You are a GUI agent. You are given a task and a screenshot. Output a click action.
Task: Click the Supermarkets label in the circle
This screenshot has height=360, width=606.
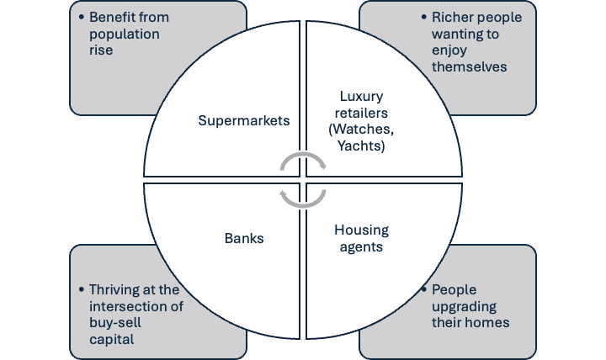(244, 120)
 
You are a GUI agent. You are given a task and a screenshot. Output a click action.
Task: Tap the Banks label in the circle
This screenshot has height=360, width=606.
(244, 238)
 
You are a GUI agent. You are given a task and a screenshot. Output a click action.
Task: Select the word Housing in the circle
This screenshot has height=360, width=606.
(361, 230)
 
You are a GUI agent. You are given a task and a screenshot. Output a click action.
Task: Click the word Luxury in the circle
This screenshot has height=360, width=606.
(361, 96)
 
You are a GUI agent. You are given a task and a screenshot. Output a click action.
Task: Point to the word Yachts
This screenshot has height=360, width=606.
(359, 146)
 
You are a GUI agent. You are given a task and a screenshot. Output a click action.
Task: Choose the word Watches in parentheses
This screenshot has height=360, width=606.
(363, 129)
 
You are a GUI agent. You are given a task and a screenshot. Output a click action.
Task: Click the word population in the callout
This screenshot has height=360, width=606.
(124, 34)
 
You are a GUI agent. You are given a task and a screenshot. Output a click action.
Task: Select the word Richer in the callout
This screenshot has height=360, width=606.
(450, 17)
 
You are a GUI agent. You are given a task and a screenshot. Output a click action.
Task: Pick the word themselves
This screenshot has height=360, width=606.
(469, 66)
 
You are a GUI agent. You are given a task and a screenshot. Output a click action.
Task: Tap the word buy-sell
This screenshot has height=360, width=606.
(115, 323)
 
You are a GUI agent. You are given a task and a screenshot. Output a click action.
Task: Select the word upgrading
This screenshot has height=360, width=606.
(464, 307)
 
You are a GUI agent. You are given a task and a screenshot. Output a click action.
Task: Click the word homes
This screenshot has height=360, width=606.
(491, 322)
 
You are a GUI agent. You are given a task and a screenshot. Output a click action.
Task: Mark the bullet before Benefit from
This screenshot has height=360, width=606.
(81, 17)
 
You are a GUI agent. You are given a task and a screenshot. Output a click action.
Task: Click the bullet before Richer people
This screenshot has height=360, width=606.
(424, 17)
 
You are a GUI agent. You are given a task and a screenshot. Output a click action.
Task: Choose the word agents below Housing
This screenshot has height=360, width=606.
(361, 247)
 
